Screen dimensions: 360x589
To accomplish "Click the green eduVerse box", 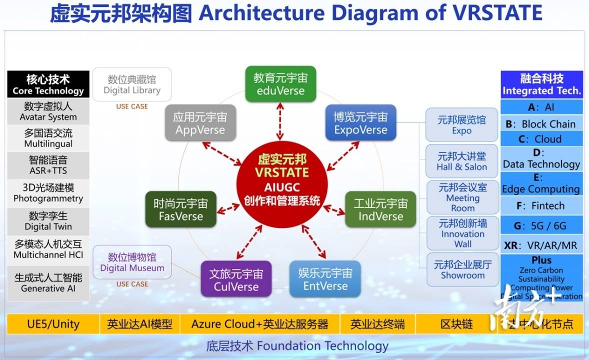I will pyautogui.click(x=280, y=84).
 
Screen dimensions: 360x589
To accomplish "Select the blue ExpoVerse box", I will pyautogui.click(x=360, y=123).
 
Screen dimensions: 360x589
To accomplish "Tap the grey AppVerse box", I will pyautogui.click(x=200, y=123).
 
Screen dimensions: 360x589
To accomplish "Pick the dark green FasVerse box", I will pyautogui.click(x=180, y=209).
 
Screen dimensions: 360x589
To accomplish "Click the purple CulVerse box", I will pyautogui.click(x=236, y=279).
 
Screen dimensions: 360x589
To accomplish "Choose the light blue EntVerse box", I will pyautogui.click(x=325, y=279).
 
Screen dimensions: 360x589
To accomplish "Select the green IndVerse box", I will pyautogui.click(x=380, y=209).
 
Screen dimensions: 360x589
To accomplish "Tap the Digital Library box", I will pyautogui.click(x=132, y=84).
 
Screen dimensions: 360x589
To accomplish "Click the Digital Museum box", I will pyautogui.click(x=132, y=262).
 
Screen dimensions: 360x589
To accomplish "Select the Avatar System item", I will pyautogui.click(x=48, y=111).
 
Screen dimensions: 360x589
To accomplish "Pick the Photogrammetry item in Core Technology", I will pyautogui.click(x=48, y=193).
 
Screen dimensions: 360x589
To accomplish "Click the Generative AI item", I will pyautogui.click(x=48, y=282).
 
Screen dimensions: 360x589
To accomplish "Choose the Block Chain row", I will pyautogui.click(x=541, y=123).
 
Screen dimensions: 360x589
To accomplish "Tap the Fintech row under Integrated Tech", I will pyautogui.click(x=541, y=205).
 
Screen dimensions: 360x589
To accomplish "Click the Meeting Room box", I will pyautogui.click(x=462, y=197).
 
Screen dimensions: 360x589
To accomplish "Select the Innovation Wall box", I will pyautogui.click(x=462, y=233).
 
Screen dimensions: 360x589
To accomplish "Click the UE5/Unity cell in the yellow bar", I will pyautogui.click(x=53, y=324).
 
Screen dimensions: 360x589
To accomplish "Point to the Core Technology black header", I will pyautogui.click(x=48, y=84).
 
